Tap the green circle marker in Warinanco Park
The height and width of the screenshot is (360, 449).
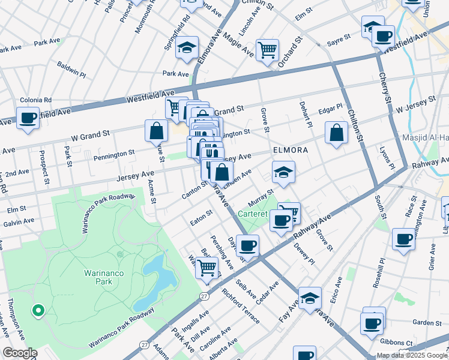coord(38,310)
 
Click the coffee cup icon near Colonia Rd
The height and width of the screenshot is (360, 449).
coord(28,118)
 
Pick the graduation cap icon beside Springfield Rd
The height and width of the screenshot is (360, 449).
coord(187,47)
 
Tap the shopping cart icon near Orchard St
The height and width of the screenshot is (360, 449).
coord(267,50)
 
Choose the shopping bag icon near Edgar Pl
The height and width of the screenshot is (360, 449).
coord(336,133)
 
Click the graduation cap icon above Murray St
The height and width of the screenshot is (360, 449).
coord(283,173)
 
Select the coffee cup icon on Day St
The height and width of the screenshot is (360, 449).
coord(247,245)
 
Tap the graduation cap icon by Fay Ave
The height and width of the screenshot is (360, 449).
coord(310,298)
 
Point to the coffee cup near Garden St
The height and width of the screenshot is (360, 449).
coord(372,323)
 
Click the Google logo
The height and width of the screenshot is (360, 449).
coord(20,353)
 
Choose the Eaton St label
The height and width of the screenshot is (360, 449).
coord(201,214)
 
